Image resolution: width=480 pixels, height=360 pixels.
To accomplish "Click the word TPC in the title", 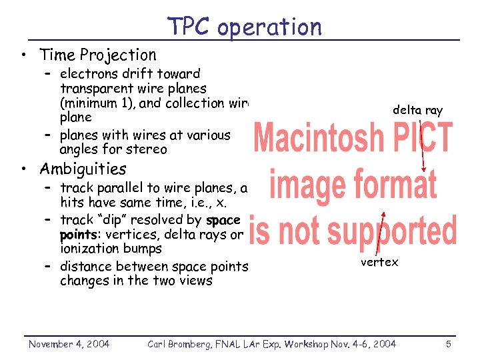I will coord(189,27).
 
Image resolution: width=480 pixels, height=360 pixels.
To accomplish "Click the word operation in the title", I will coord(269,27).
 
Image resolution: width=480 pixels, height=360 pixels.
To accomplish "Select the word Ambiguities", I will coord(83,169).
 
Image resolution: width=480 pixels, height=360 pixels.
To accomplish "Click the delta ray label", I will coord(417,110).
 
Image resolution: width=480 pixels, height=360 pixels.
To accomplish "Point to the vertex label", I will coord(379,262).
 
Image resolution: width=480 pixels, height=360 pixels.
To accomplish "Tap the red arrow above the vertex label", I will coord(381,233).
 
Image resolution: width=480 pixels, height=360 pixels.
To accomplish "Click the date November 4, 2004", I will coord(69,343).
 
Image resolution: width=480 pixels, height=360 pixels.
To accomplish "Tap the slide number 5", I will coord(448,343).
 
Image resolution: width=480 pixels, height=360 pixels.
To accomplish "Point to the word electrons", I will coord(86,73).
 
